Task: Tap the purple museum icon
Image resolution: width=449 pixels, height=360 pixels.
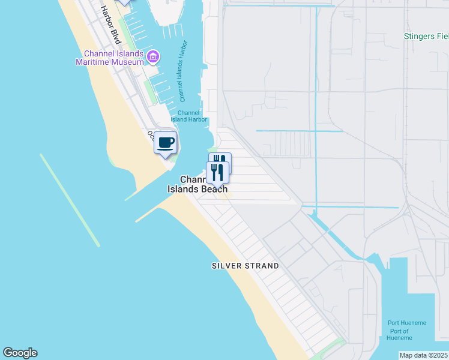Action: click(152, 57)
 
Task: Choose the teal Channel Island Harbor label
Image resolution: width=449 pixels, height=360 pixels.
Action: click(188, 116)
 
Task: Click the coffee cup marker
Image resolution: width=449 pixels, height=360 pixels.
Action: click(166, 143)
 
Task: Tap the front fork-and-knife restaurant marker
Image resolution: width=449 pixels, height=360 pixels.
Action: click(217, 173)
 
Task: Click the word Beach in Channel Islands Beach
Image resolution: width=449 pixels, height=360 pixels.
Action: click(213, 189)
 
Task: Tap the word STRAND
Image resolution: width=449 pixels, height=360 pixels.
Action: click(261, 266)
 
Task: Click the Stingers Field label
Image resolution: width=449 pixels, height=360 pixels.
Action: click(426, 36)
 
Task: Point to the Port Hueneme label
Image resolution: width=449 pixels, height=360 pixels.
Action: click(406, 323)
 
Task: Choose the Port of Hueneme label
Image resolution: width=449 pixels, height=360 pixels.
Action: click(399, 335)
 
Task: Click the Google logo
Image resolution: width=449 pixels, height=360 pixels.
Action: click(20, 353)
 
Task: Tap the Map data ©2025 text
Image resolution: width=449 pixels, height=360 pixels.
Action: click(423, 355)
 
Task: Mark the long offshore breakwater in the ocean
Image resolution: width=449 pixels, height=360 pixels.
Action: click(70, 200)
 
